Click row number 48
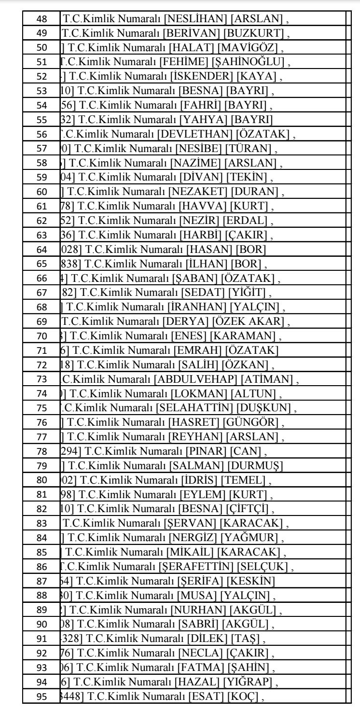(39, 18)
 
